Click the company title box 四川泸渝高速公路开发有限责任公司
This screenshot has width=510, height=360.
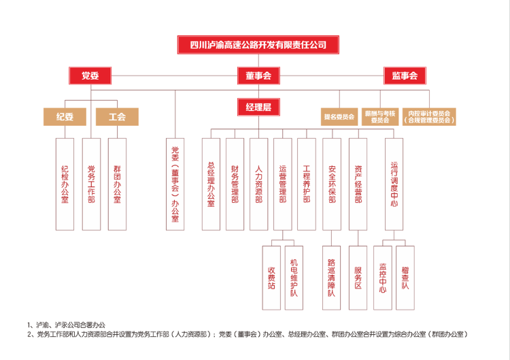pos(258,45)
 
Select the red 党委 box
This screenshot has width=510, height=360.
pos(90,76)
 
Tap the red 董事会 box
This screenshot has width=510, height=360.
pos(258,76)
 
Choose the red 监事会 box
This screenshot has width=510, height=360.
pos(405,76)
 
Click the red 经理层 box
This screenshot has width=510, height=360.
pos(258,107)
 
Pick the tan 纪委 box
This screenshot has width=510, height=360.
pos(65,116)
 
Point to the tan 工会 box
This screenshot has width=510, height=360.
pos(117,116)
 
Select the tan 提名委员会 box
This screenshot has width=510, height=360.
pos(339,116)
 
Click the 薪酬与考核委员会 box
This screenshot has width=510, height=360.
pos(380,116)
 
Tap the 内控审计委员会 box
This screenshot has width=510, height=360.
pos(429,116)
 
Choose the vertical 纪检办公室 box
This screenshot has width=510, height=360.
pos(65,184)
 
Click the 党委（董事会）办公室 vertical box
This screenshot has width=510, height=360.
pos(175,184)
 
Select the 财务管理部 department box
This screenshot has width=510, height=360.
pos(235,184)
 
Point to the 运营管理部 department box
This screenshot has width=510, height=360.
pos(283,184)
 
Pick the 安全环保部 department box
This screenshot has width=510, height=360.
pos(332,184)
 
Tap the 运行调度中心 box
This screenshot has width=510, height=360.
pos(394,184)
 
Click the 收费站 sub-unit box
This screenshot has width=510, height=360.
pos(271,278)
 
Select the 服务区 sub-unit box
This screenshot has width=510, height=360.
pos(358,278)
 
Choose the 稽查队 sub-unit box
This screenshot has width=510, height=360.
pos(405,278)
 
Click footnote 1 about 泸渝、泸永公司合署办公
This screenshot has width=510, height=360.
pos(67,325)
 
